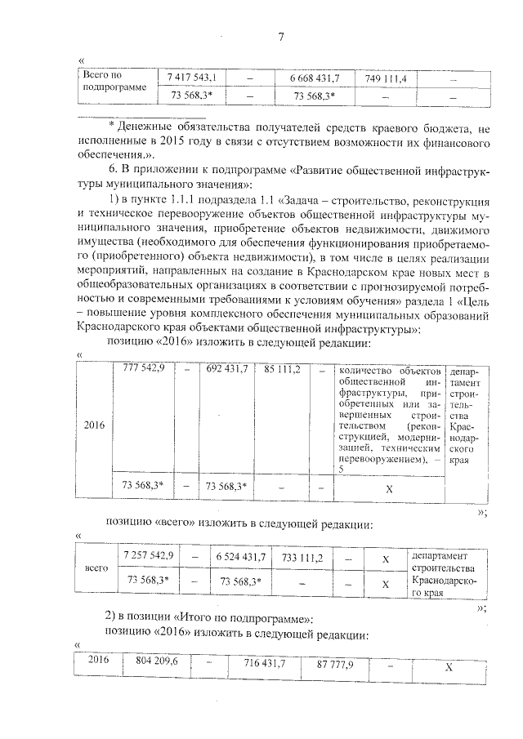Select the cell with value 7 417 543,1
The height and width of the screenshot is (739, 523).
(191, 78)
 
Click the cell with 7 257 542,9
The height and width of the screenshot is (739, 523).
(147, 556)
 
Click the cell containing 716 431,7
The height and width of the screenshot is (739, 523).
(264, 666)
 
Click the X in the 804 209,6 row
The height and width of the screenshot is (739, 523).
(449, 666)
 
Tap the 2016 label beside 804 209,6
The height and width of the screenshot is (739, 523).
(98, 660)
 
